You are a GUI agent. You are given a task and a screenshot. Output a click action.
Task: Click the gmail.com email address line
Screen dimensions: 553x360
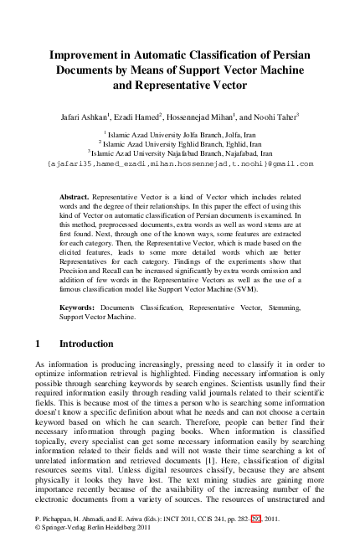click(x=180, y=164)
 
